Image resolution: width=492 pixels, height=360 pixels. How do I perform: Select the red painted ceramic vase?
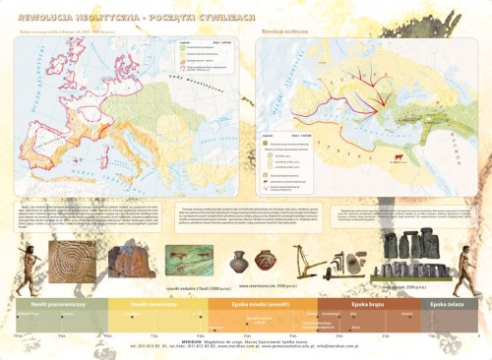[265, 261]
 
